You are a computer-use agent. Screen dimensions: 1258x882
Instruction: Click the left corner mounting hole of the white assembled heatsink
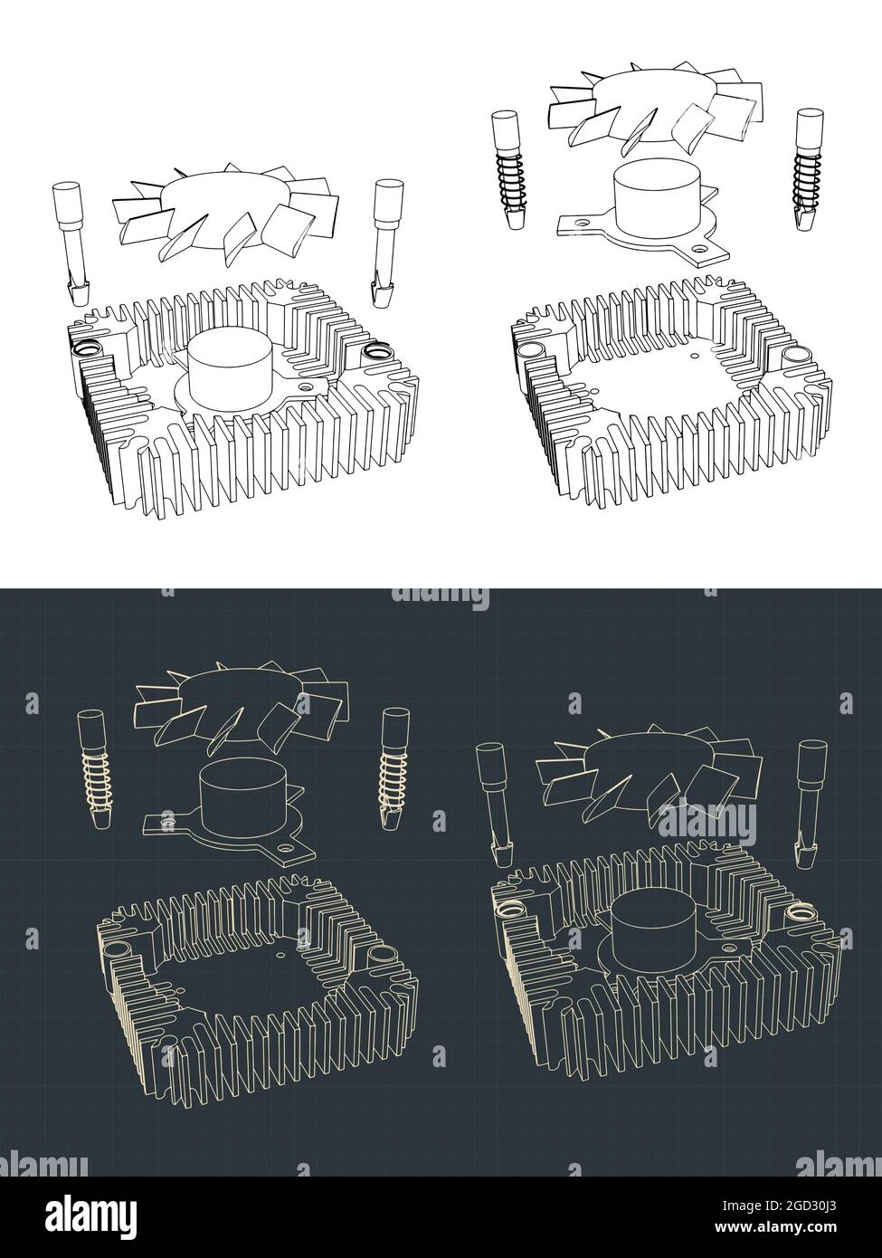pos(90,348)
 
